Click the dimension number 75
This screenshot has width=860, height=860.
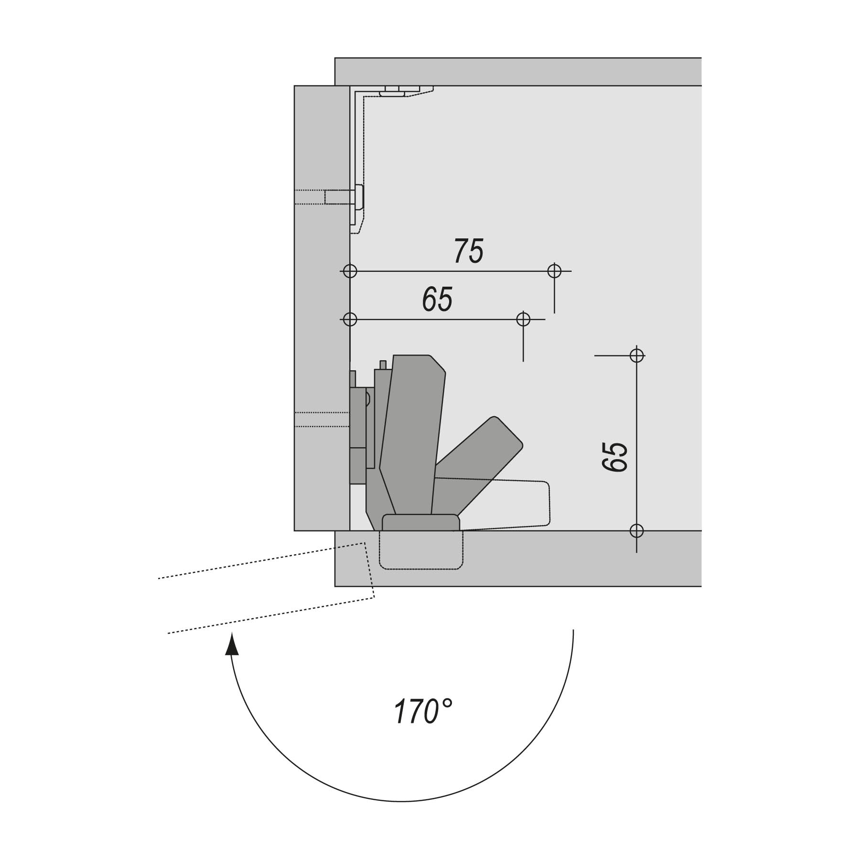click(x=469, y=251)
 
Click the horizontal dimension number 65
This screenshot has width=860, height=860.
click(x=437, y=299)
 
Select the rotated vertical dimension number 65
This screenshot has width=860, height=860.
click(x=615, y=457)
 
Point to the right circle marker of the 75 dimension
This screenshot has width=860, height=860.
click(x=554, y=271)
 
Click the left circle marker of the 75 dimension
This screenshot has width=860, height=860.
click(x=350, y=271)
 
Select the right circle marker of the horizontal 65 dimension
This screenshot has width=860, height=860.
click(x=523, y=319)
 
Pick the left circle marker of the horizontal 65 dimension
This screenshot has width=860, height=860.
click(x=350, y=319)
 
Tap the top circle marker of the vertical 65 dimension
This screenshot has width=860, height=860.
click(x=636, y=355)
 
